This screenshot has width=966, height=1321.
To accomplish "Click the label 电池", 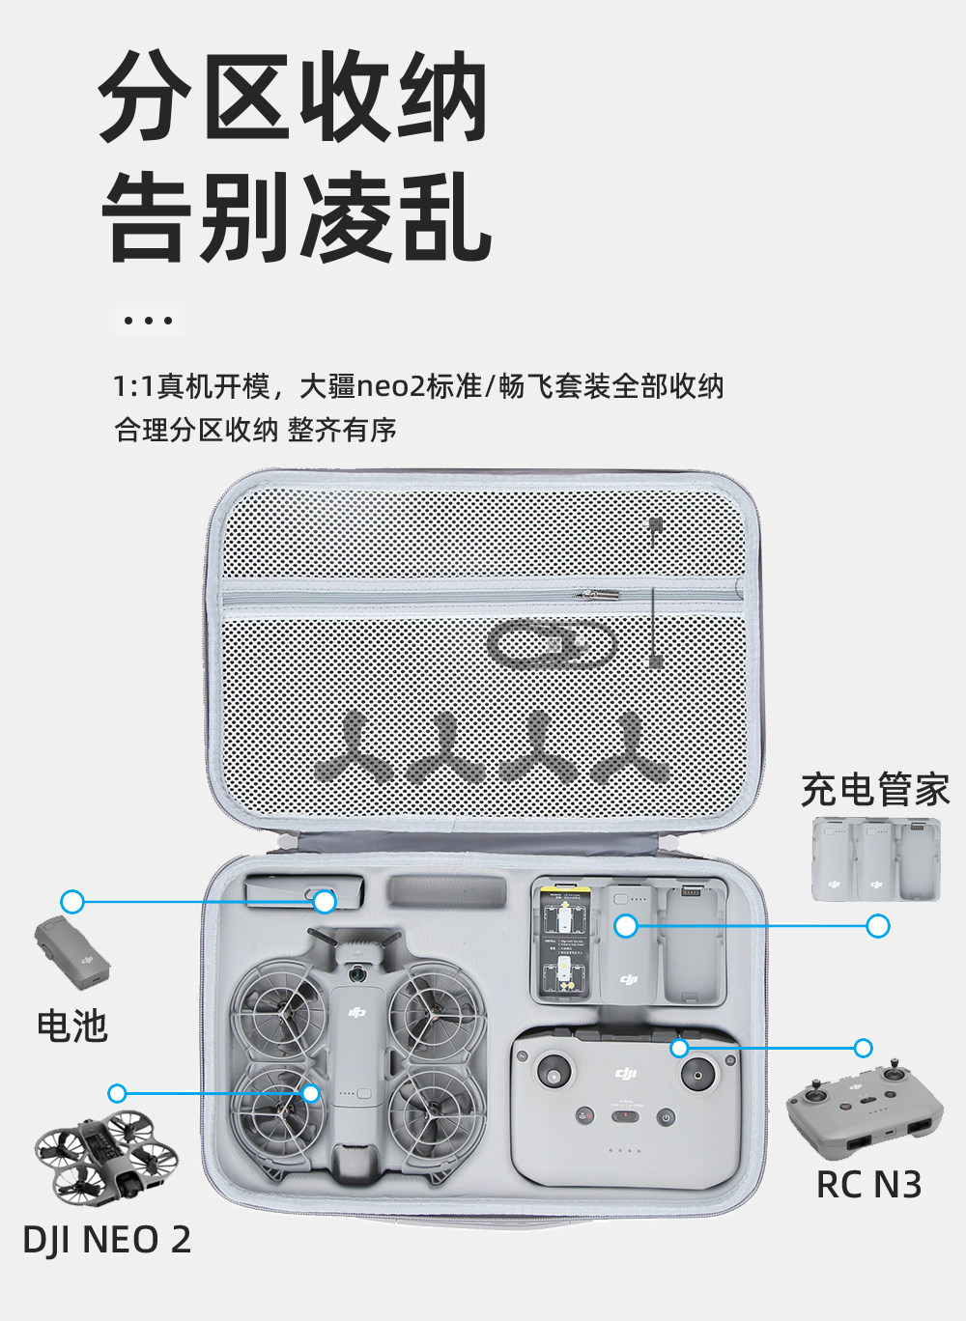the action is tap(71, 1026).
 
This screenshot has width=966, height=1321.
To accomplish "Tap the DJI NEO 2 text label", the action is tap(106, 1240).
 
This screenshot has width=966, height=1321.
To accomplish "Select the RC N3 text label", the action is tap(868, 1185).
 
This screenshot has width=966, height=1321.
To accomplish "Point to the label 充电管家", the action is tap(875, 790).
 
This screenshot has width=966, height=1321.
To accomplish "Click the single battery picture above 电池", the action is tap(72, 951).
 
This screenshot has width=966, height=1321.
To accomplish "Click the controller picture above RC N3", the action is tap(865, 1110).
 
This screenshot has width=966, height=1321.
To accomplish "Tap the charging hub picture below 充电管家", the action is tap(875, 859).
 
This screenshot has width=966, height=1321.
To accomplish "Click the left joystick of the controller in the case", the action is tap(554, 1072).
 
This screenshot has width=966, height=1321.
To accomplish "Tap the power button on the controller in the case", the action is tap(666, 1117).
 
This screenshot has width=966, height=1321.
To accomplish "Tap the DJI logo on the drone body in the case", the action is tap(357, 1011).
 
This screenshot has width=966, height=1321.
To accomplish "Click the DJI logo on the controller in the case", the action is tap(626, 1074).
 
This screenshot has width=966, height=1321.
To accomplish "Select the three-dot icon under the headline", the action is tap(149, 321).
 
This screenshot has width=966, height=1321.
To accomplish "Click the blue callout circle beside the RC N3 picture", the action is tap(863, 1048).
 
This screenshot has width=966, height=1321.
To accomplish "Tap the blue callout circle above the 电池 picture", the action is tap(72, 902).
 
